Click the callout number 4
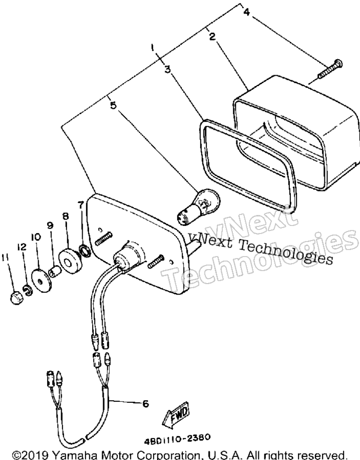[x=246, y=12]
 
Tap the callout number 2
[x=212, y=37]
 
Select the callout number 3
[x=168, y=70]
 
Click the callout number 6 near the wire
[x=145, y=404]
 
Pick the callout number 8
[x=66, y=216]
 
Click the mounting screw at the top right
[x=330, y=69]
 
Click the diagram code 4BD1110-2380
[x=177, y=439]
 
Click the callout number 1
[x=152, y=48]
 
